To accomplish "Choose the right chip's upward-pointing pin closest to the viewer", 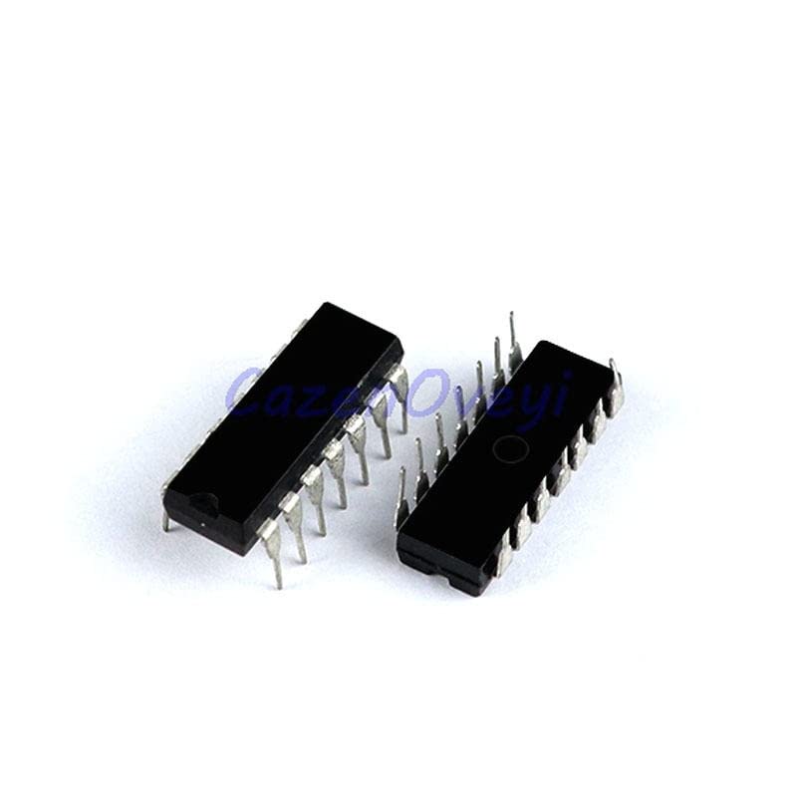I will tap(402, 498).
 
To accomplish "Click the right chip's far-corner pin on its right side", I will tap(615, 384).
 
